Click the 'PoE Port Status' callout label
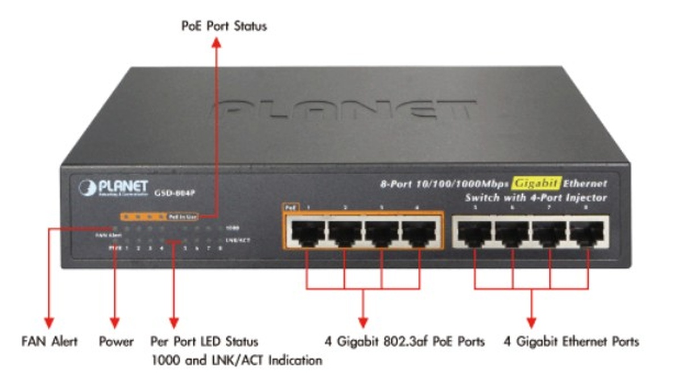pyautogui.click(x=223, y=26)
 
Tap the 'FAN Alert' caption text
pyautogui.click(x=49, y=342)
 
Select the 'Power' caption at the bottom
pyautogui.click(x=116, y=342)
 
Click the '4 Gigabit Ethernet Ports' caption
pyautogui.click(x=571, y=342)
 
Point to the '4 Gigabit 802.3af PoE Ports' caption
pyautogui.click(x=405, y=342)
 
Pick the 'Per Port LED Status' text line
pyautogui.click(x=204, y=342)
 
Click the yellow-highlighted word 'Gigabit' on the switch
pyautogui.click(x=536, y=183)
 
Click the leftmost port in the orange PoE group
pyautogui.click(x=307, y=233)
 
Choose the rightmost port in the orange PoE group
pyautogui.click(x=419, y=233)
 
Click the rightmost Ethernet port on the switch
pyautogui.click(x=588, y=233)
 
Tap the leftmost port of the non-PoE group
pyautogui.click(x=475, y=233)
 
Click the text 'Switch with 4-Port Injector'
pyautogui.click(x=536, y=198)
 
